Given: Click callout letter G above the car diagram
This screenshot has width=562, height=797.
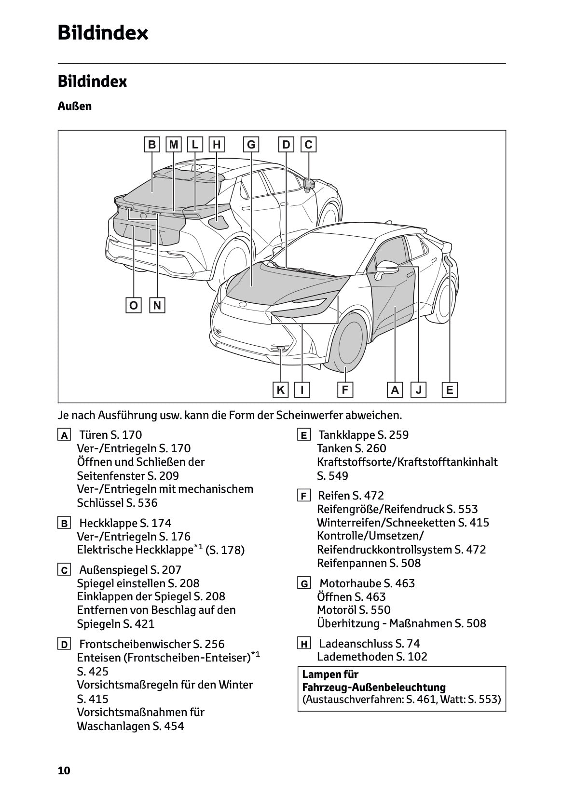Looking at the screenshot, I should pyautogui.click(x=251, y=145).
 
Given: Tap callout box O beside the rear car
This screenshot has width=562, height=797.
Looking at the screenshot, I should pyautogui.click(x=134, y=305).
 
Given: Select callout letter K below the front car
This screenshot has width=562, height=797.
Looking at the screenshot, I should pyautogui.click(x=280, y=390).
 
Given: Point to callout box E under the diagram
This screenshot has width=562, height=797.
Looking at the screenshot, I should pyautogui.click(x=450, y=390).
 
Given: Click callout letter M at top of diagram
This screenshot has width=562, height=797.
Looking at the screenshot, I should pyautogui.click(x=174, y=145).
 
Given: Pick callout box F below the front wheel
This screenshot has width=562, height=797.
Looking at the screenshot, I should pyautogui.click(x=345, y=390).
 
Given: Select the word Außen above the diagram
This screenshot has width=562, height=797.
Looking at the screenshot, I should pyautogui.click(x=75, y=106).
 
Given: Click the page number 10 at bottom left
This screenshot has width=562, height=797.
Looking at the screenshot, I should pyautogui.click(x=64, y=771).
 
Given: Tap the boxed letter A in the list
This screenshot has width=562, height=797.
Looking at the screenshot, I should pyautogui.click(x=64, y=435).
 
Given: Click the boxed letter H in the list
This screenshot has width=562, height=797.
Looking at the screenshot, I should pyautogui.click(x=304, y=644).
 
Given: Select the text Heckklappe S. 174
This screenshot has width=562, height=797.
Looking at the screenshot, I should pyautogui.click(x=125, y=523).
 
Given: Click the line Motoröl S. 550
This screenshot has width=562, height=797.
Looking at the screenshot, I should pyautogui.click(x=354, y=610).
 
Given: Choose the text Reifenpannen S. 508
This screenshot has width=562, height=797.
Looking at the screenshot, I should pyautogui.click(x=369, y=563).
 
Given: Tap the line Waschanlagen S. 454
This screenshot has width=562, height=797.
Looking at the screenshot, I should pyautogui.click(x=130, y=726).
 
